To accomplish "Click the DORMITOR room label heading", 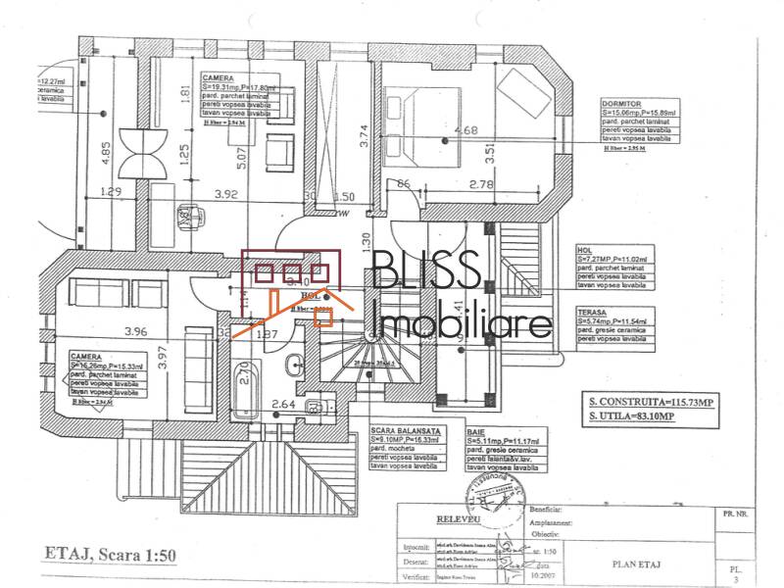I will [622, 103].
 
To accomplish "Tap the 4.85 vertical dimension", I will [105, 154].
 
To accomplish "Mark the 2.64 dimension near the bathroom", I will [283, 403].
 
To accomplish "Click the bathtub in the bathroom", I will [246, 385].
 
